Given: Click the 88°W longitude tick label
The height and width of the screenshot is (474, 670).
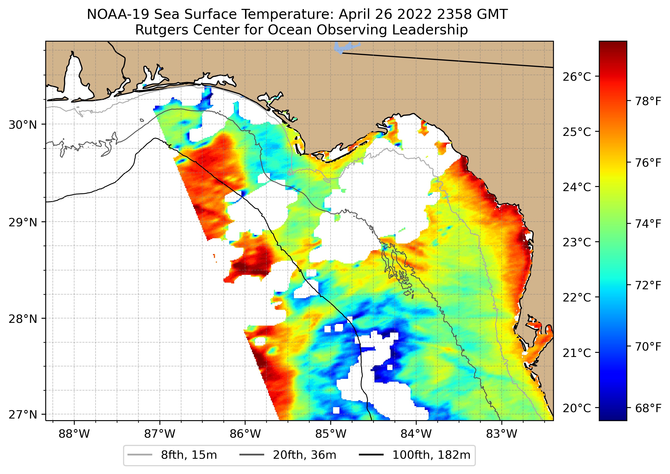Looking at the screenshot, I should tap(74, 434).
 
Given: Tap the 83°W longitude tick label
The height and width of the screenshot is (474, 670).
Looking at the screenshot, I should tap(502, 434).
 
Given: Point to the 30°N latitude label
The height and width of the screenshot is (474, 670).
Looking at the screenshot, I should tap(23, 125).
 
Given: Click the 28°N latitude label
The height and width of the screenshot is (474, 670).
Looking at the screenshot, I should tap(23, 319).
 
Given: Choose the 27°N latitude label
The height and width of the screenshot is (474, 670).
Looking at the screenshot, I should tap(23, 414).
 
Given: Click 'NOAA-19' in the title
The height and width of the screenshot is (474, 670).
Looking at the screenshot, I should tap(118, 15).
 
